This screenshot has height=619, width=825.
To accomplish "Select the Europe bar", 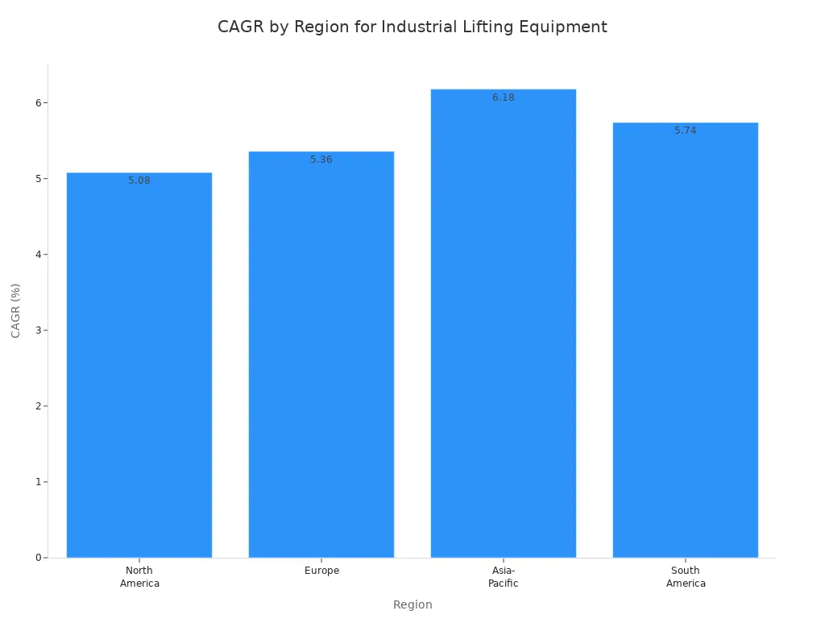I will (x=321, y=354).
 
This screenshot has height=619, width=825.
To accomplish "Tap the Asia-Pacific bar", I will (x=504, y=322).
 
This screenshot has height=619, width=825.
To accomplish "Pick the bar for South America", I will (x=686, y=339).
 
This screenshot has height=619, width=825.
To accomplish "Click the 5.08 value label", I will (x=139, y=181).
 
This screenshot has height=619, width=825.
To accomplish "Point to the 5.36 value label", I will (x=321, y=160).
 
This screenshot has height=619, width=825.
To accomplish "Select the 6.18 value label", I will (x=504, y=98).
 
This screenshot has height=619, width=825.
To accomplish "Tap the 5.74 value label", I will (x=686, y=131).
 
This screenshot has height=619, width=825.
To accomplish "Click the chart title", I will (x=412, y=27).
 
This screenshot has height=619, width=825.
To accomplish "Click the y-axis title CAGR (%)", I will (x=16, y=310).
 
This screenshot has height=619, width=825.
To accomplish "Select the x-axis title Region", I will (x=412, y=604).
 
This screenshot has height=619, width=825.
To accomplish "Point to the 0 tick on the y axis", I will (x=38, y=558).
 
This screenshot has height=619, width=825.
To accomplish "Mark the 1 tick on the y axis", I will (x=38, y=482).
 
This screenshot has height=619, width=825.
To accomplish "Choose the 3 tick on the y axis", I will (x=38, y=330).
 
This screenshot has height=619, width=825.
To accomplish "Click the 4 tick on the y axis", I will (x=38, y=255).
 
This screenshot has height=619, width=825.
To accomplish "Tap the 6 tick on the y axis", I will (x=38, y=103).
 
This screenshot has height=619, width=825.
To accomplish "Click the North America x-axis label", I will (x=139, y=577).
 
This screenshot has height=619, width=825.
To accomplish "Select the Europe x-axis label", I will (x=321, y=571).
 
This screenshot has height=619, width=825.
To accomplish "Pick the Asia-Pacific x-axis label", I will (x=504, y=577).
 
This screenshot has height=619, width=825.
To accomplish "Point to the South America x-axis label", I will (x=686, y=577).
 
